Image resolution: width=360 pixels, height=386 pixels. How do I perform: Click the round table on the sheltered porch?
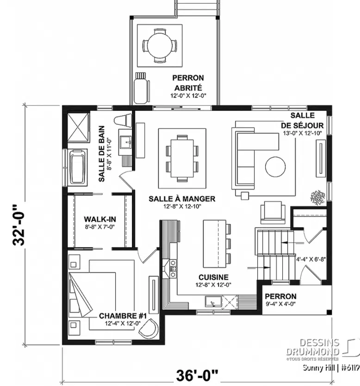[x=160, y=46]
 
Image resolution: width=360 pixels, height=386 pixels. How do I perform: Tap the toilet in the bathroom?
[x=123, y=120]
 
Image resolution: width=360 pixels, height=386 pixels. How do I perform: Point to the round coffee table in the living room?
[x=275, y=167]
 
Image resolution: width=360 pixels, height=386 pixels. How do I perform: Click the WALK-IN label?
[x=100, y=219]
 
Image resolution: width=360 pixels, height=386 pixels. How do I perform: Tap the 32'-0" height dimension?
[x=19, y=225]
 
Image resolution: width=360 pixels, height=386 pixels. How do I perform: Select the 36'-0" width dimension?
[x=197, y=375]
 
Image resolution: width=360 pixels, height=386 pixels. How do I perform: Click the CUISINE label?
[x=213, y=277]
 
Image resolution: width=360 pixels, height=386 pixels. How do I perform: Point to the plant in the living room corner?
[x=317, y=197]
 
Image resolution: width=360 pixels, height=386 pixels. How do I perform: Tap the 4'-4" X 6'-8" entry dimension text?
[x=310, y=259]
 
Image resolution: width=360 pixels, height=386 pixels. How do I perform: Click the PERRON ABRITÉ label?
[x=188, y=83]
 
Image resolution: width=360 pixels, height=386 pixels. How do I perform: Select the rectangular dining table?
[x=182, y=158]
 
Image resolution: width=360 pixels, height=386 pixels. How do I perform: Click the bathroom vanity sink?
[x=125, y=142]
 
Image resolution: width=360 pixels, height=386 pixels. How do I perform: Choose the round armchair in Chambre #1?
[x=149, y=329]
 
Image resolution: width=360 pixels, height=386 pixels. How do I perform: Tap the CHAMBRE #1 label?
[x=123, y=316]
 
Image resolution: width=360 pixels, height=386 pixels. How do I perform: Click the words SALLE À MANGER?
[x=182, y=199]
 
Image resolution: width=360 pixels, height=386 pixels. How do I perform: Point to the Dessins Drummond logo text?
[x=313, y=347]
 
